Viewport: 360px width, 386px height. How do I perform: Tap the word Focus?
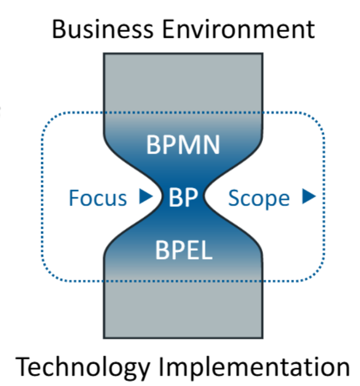pyautogui.click(x=98, y=198)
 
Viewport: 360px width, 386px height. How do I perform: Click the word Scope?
pyautogui.click(x=259, y=198)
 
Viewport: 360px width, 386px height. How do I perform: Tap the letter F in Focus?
pyautogui.click(x=73, y=198)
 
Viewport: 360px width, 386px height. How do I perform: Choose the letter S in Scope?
pyautogui.click(x=234, y=198)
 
